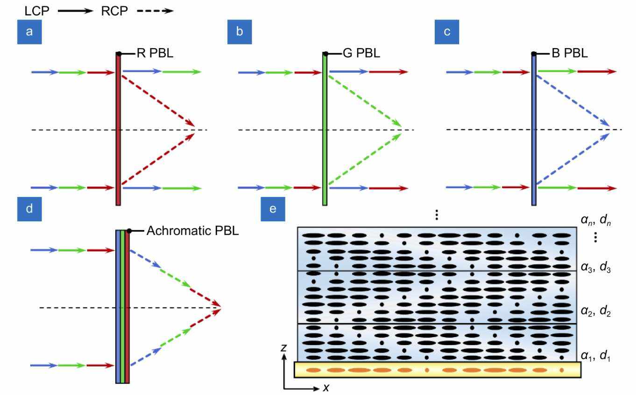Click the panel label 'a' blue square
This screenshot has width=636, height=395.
(29, 32)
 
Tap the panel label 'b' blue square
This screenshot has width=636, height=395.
(239, 32)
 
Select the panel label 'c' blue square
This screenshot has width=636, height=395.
(446, 32)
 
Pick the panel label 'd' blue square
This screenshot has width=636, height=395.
(29, 209)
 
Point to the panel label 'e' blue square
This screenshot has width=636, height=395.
(273, 209)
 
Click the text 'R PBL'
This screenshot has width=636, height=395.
(154, 54)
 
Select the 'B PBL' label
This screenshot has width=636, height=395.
(569, 54)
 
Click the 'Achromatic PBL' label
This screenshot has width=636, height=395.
(192, 231)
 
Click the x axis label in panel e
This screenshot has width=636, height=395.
(326, 388)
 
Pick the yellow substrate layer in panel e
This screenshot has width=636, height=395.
(438, 370)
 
